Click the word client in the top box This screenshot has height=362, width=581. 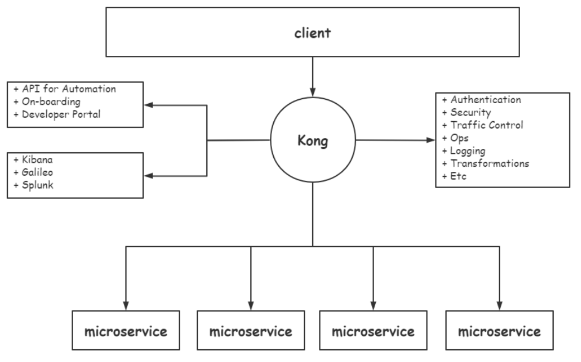click(312, 32)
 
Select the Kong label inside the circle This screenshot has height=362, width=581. click(312, 141)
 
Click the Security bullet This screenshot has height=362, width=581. click(470, 113)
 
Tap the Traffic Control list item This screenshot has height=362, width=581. click(486, 126)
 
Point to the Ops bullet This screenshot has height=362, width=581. click(459, 138)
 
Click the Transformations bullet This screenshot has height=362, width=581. click(489, 163)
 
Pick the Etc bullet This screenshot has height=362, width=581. click(458, 176)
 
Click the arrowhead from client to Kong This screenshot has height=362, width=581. click(312, 91)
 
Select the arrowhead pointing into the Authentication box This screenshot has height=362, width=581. click(430, 140)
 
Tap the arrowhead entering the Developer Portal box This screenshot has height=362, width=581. click(149, 104)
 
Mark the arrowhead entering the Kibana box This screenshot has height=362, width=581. click(149, 176)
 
